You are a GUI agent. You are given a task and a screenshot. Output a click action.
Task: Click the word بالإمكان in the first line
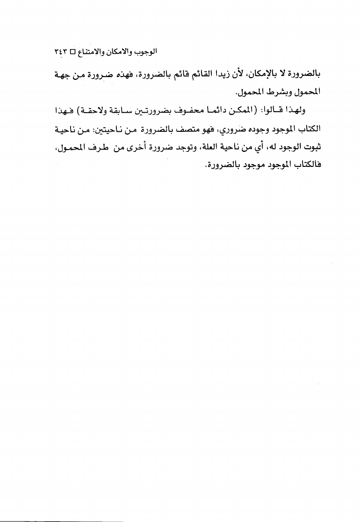(265, 74)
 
